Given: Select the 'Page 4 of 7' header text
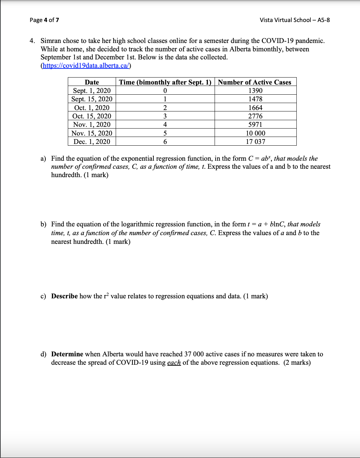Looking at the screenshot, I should point(44,20).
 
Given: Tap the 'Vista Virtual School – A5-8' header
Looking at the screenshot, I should point(295,20).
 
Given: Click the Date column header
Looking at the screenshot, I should point(92,82).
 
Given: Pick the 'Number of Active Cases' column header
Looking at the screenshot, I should point(254,82).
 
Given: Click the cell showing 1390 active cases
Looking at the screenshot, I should point(255,90).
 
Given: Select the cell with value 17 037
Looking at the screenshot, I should point(255,141).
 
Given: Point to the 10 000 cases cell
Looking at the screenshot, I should point(255,133).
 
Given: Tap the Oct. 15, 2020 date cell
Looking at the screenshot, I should point(92,116).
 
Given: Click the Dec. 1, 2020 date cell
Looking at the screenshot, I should point(92,141).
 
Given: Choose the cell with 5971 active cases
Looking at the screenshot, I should point(255,124).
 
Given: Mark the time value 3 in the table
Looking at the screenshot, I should point(165,116).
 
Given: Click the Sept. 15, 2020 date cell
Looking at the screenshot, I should point(92,99).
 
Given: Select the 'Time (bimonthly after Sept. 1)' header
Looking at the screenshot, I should point(165,82).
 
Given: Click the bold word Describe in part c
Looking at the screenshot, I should point(64,296).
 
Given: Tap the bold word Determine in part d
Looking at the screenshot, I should point(67,354).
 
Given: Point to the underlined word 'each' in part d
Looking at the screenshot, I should point(174,363).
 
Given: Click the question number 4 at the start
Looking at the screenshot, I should point(32,41).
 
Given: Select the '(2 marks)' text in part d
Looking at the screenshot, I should point(297,363).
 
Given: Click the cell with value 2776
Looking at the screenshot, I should point(255,116).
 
